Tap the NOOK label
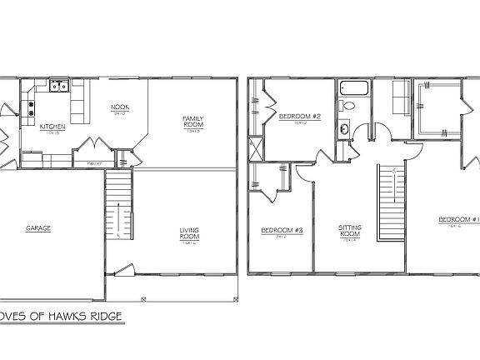(119, 107)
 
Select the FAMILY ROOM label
(193, 122)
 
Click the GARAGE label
(37, 227)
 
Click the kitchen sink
(58, 84)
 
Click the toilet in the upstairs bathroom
(350, 106)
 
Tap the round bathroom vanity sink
(343, 130)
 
